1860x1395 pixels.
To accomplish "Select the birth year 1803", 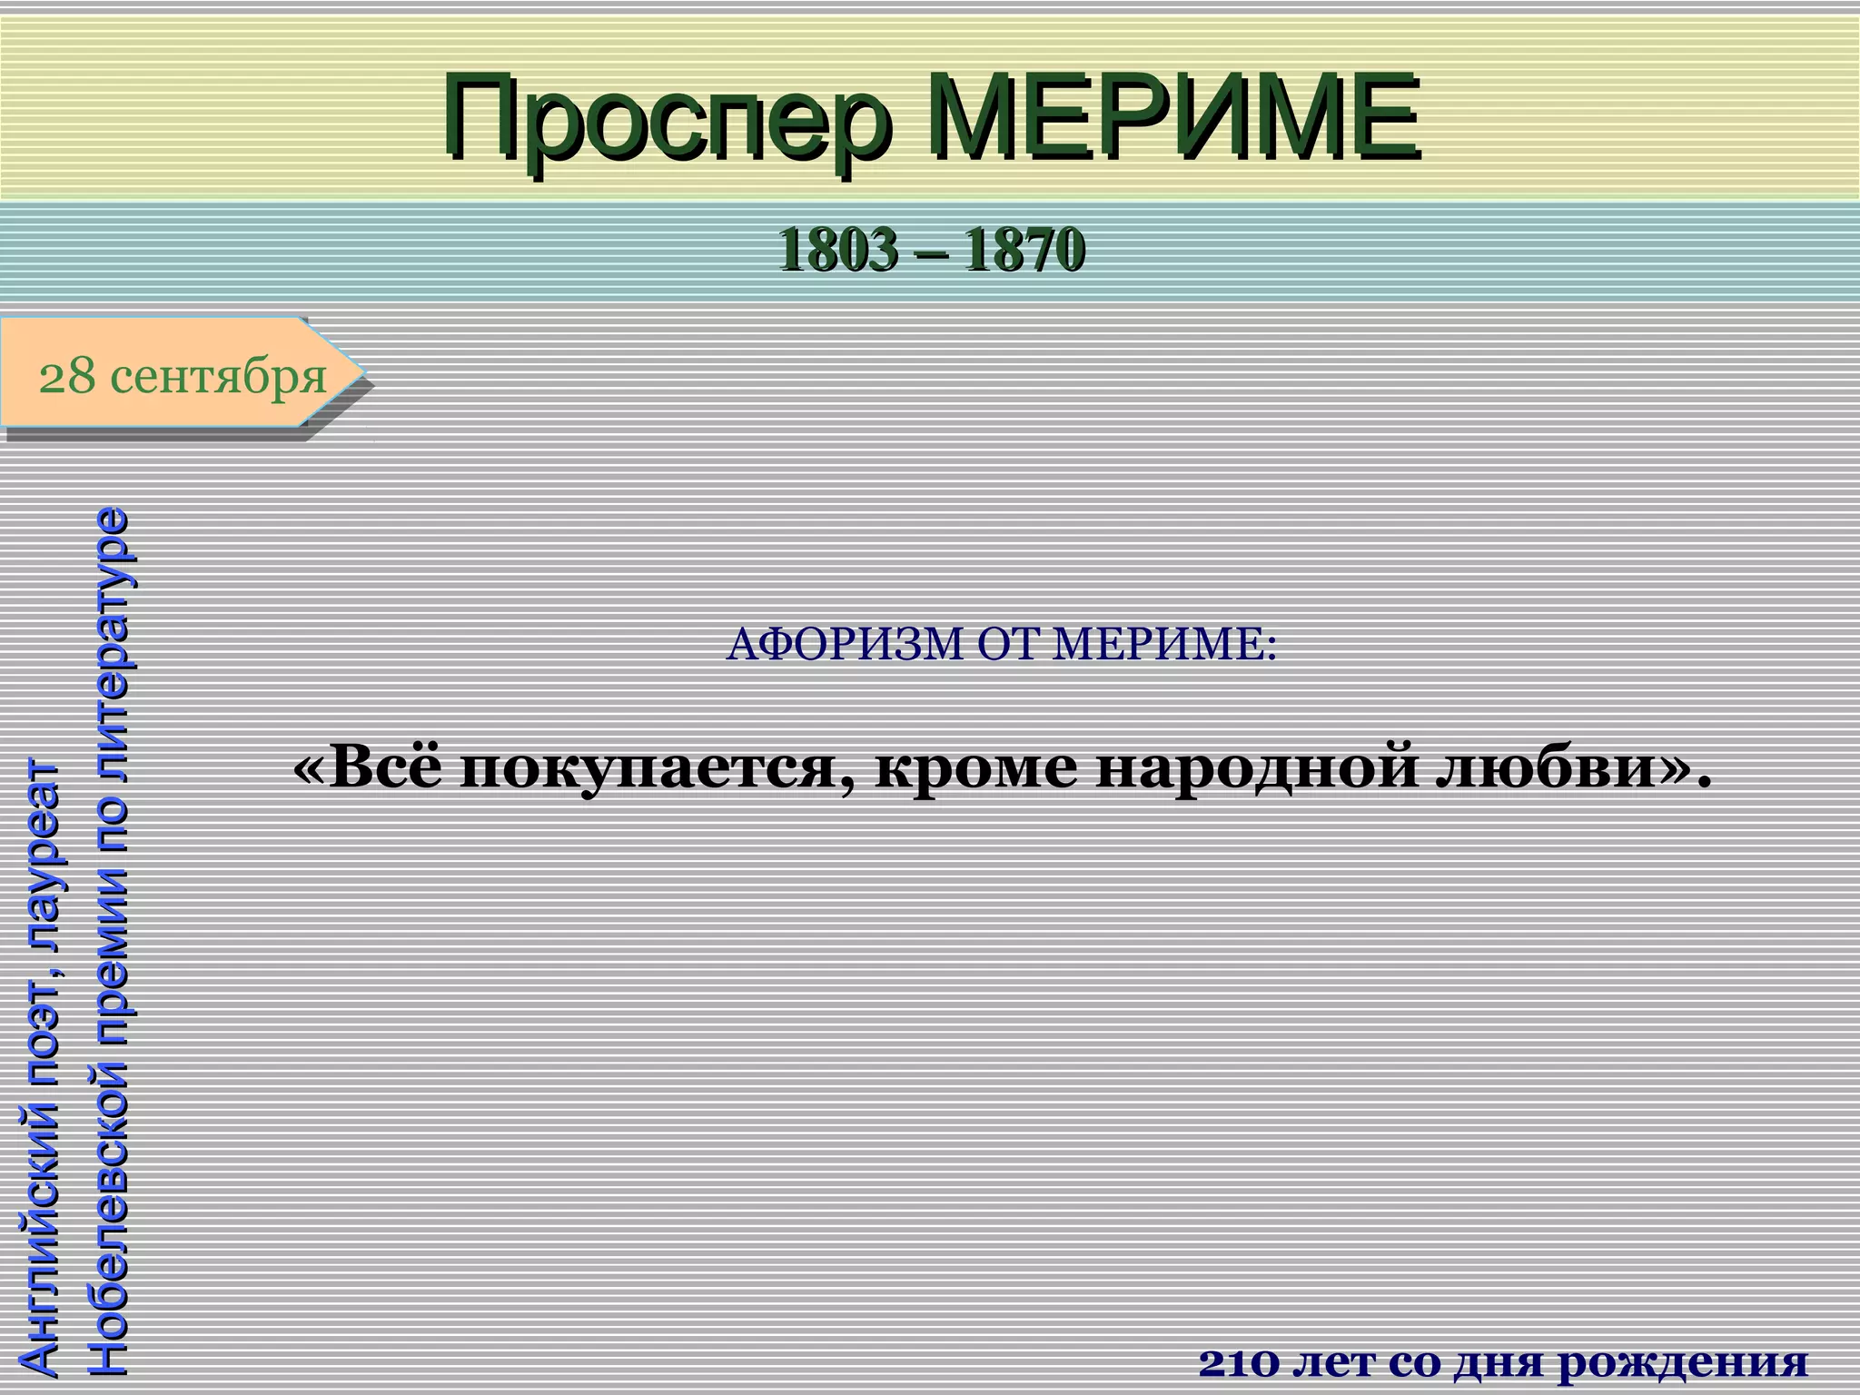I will click(x=836, y=250).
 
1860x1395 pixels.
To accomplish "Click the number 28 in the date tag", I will click(x=66, y=376).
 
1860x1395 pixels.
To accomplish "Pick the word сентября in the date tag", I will click(x=218, y=376).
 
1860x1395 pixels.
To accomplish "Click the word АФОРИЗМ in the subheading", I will click(x=846, y=645).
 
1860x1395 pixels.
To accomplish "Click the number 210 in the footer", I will click(x=1241, y=1362).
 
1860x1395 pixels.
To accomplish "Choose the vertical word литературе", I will click(x=111, y=618).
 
